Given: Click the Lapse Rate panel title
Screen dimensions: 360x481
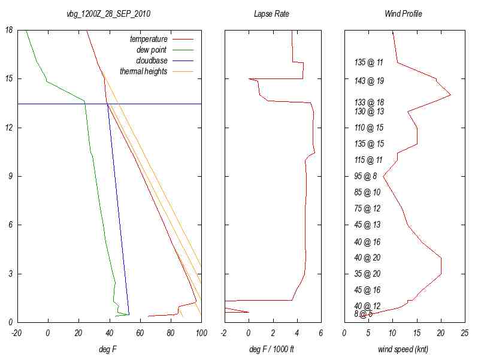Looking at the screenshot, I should coord(272,13).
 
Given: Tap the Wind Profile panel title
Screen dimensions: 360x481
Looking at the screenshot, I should coord(403,13).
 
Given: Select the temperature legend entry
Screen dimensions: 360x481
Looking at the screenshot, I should coord(149,39).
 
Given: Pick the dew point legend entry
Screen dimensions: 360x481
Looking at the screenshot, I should coord(152,50).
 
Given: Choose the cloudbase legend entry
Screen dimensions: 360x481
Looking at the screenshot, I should coord(152,60).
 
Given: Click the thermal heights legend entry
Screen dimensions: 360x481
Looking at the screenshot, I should coord(143,71).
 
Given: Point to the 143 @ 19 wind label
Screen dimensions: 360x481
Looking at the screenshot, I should coord(369,81).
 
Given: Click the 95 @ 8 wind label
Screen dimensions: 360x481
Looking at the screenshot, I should coord(365,176).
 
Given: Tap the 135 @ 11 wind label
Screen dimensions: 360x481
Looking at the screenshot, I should coord(369,62).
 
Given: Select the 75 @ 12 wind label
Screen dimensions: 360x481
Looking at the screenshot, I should coord(367,208).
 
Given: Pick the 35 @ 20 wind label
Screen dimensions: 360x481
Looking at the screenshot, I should coord(367,274).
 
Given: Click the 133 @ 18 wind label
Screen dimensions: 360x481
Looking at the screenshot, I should coord(369,102).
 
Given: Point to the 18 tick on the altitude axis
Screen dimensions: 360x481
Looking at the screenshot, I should coord(10,30).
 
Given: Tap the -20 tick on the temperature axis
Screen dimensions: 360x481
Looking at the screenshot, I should coord(17,333).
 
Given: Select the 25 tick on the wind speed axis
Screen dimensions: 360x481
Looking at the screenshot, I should coord(465,333).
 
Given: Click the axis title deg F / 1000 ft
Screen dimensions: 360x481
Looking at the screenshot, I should coord(272,349).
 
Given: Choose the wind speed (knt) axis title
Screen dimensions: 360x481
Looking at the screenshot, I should coord(403,349).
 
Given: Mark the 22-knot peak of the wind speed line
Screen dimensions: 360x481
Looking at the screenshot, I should coord(450,95).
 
